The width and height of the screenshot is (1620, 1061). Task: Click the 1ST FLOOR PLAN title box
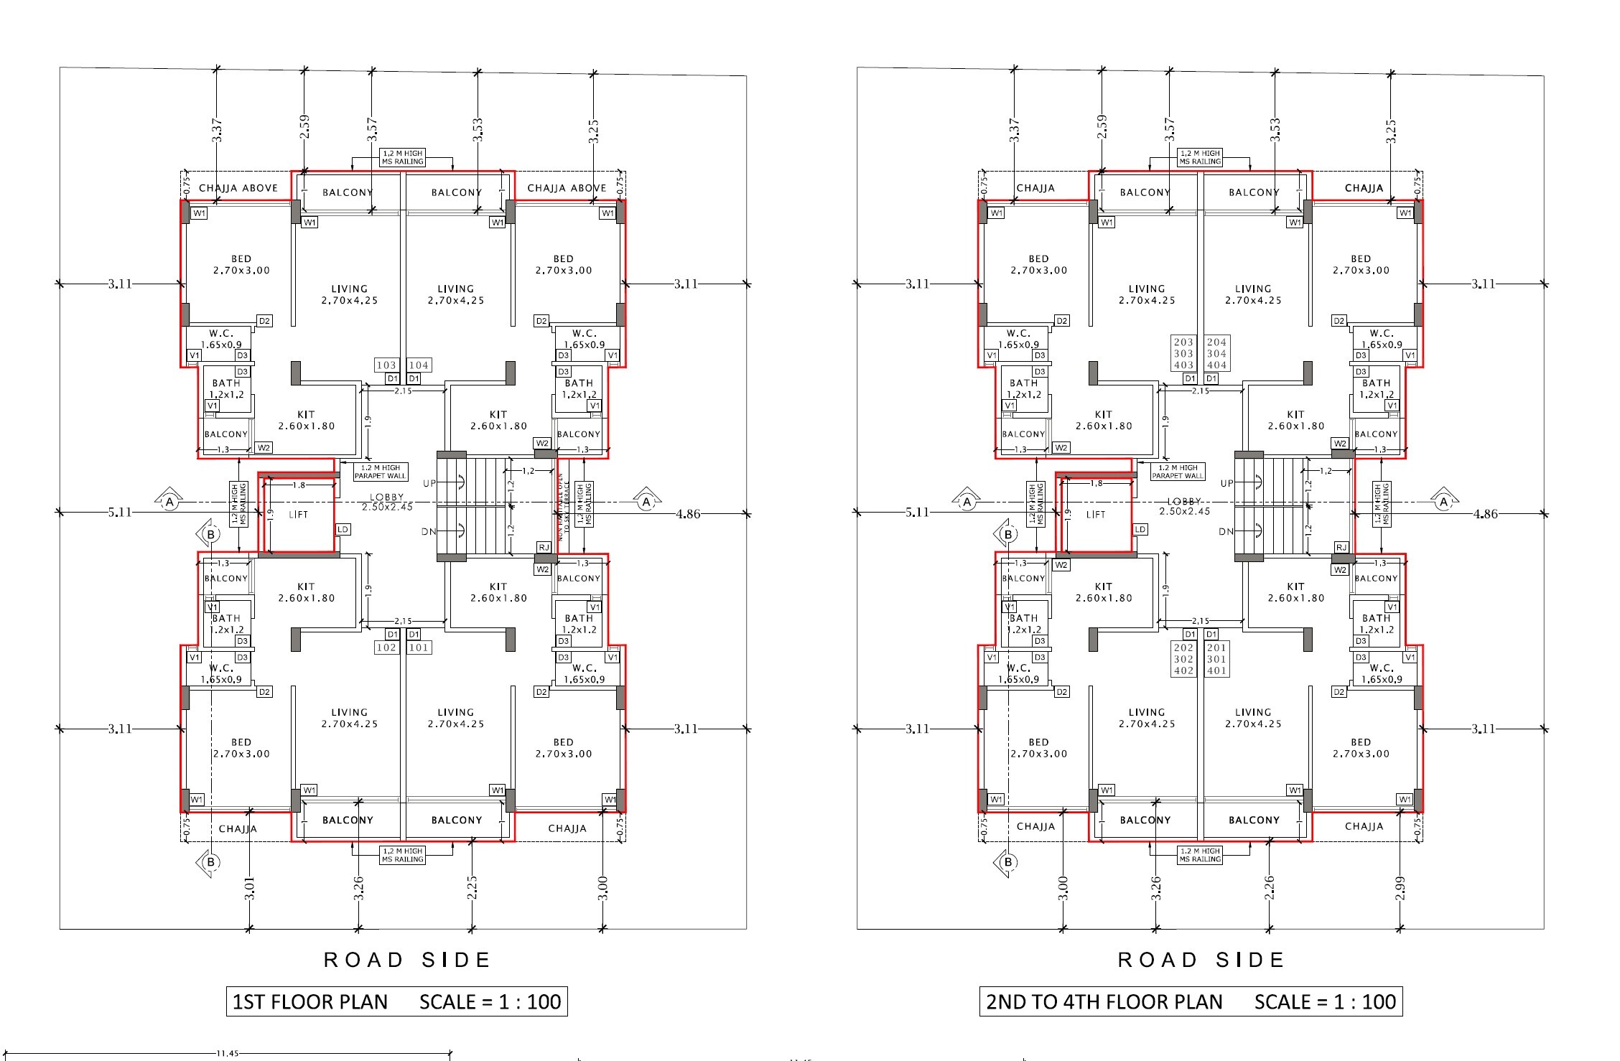coord(396,1001)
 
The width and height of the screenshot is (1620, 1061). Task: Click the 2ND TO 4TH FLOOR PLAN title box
coord(1191,1001)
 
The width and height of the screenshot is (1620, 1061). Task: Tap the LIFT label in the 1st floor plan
coord(298,515)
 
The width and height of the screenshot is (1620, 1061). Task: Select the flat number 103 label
coord(386,365)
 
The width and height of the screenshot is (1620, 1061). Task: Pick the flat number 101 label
coord(419,648)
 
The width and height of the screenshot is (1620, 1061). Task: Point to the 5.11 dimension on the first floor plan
coord(119,512)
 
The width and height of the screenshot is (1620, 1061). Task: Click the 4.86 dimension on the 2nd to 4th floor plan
coord(1485,514)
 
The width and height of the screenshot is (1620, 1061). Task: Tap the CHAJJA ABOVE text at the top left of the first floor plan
coord(238,188)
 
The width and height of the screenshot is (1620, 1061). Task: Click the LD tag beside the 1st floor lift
coord(343,530)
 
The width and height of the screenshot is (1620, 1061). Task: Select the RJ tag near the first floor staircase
coord(544,548)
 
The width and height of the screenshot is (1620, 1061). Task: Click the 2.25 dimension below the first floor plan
coord(472,887)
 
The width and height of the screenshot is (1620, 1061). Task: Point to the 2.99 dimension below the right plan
coord(1400,887)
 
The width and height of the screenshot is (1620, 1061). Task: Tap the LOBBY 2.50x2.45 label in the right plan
coord(1184,506)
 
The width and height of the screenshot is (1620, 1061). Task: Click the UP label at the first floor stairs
coord(429,483)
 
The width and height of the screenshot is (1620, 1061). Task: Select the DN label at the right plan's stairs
coord(1226,532)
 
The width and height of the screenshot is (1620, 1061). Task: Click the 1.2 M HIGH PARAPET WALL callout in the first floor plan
coord(381,472)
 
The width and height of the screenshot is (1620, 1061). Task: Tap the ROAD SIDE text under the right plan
coord(1201,960)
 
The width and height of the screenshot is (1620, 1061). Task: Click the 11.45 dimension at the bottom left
coord(226,1053)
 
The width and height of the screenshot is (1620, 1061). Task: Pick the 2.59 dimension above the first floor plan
coord(304,127)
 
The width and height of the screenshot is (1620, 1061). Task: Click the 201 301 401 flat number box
coord(1216,659)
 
